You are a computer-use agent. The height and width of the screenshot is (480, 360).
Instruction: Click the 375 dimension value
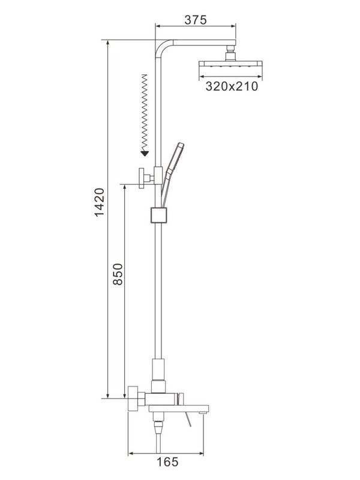pyautogui.click(x=196, y=19)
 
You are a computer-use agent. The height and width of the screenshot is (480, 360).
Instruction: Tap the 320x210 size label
pyautogui.click(x=231, y=86)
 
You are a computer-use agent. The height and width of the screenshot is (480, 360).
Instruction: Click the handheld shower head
pyautogui.click(x=174, y=159)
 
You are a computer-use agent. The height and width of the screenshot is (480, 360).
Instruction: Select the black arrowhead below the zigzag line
pyautogui.click(x=144, y=152)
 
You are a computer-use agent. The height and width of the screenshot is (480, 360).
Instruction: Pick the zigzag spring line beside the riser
pyautogui.click(x=144, y=111)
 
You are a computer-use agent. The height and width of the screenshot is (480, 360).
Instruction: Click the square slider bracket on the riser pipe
pyautogui.click(x=157, y=214)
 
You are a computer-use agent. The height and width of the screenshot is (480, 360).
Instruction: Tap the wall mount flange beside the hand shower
pyautogui.click(x=143, y=178)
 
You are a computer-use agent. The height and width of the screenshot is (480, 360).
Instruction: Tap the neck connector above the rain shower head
pyautogui.click(x=230, y=56)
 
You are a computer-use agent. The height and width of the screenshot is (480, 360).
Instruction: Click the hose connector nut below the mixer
pyautogui.click(x=158, y=427)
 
